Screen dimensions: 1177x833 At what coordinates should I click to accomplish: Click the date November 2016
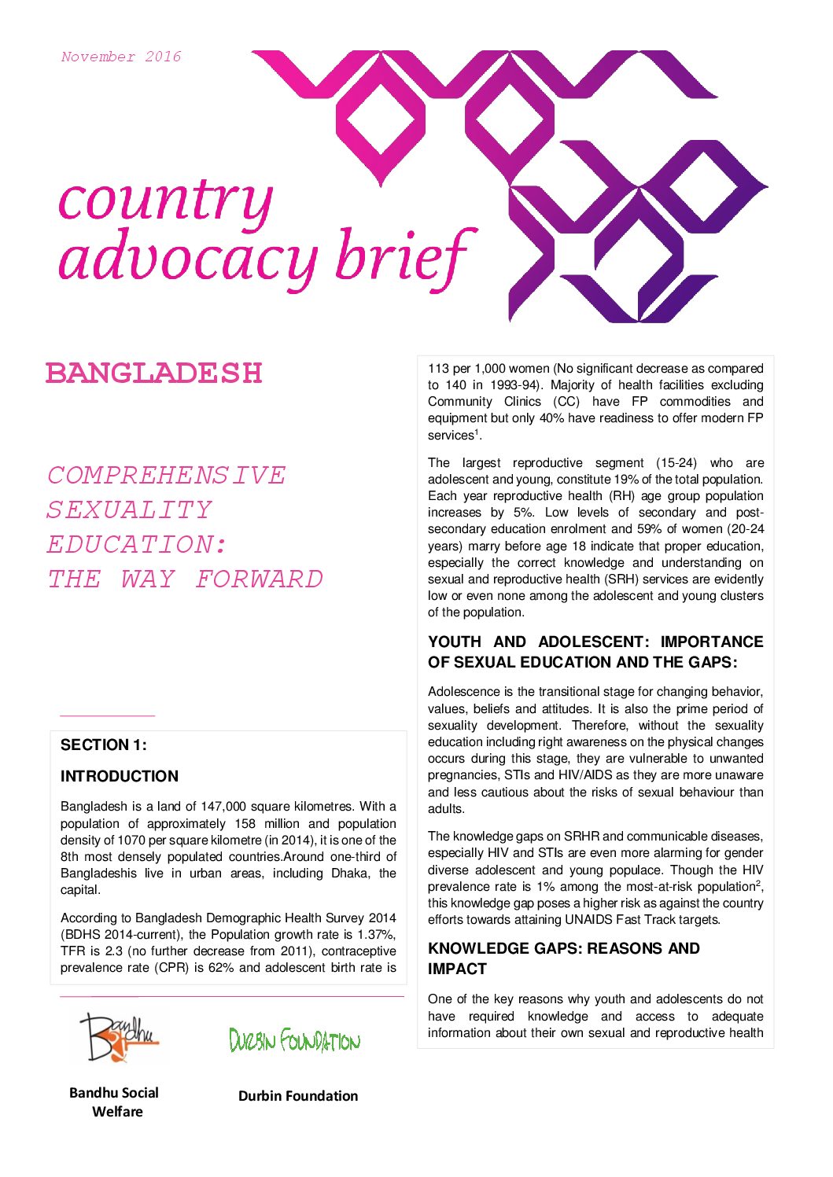click(x=121, y=57)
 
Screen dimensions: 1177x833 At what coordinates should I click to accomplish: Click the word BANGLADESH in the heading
click(x=153, y=373)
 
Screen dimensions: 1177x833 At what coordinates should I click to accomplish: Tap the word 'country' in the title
click(x=165, y=200)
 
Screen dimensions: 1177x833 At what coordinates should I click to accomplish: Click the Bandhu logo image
click(x=119, y=1037)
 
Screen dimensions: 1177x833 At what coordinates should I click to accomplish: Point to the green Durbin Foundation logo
click(x=294, y=1041)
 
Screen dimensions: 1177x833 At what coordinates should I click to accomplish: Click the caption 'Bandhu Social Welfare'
click(x=114, y=1102)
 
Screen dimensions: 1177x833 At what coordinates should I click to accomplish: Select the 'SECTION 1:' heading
click(x=104, y=745)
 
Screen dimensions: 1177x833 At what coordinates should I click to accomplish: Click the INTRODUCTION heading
click(x=120, y=776)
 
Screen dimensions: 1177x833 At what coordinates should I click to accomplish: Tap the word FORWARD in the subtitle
click(x=260, y=579)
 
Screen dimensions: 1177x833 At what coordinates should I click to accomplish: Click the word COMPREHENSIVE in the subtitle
click(x=167, y=476)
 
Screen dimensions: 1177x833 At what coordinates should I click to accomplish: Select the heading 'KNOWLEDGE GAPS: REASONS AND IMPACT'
click(x=563, y=958)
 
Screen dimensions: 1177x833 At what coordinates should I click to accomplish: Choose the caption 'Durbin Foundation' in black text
click(x=298, y=1096)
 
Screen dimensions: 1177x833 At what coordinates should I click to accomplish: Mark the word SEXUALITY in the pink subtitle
click(x=130, y=510)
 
